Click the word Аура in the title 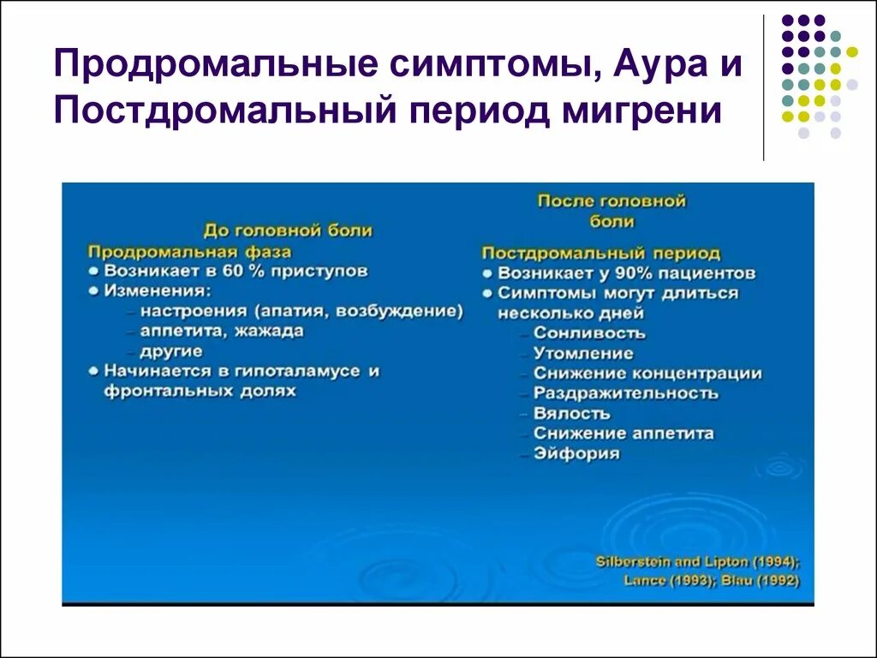(x=655, y=66)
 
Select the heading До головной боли (x=288, y=230)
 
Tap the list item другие (x=172, y=351)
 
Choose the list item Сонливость (x=589, y=333)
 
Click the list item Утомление (x=583, y=353)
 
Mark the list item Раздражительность (x=625, y=393)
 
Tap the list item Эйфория (x=576, y=453)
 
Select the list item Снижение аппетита (x=623, y=434)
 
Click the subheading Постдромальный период (x=600, y=254)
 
